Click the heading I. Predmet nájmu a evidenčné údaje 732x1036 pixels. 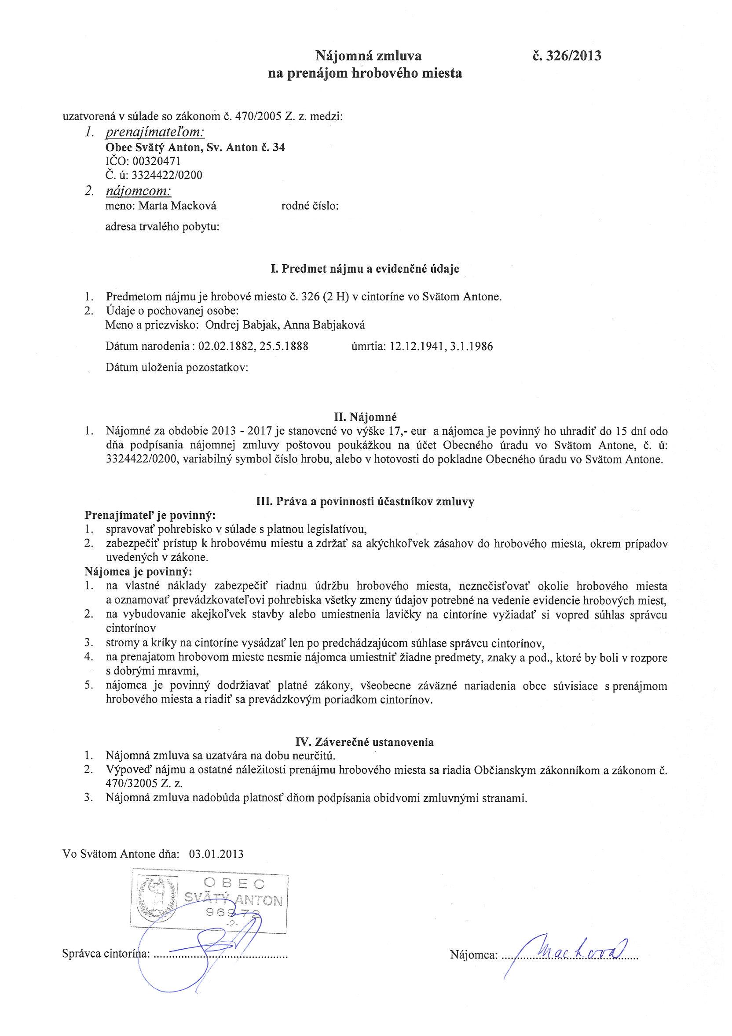pos(365,269)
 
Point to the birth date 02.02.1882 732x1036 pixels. pos(224,347)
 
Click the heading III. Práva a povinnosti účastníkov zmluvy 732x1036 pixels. pos(365,502)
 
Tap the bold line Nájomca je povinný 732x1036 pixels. pos(138,572)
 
